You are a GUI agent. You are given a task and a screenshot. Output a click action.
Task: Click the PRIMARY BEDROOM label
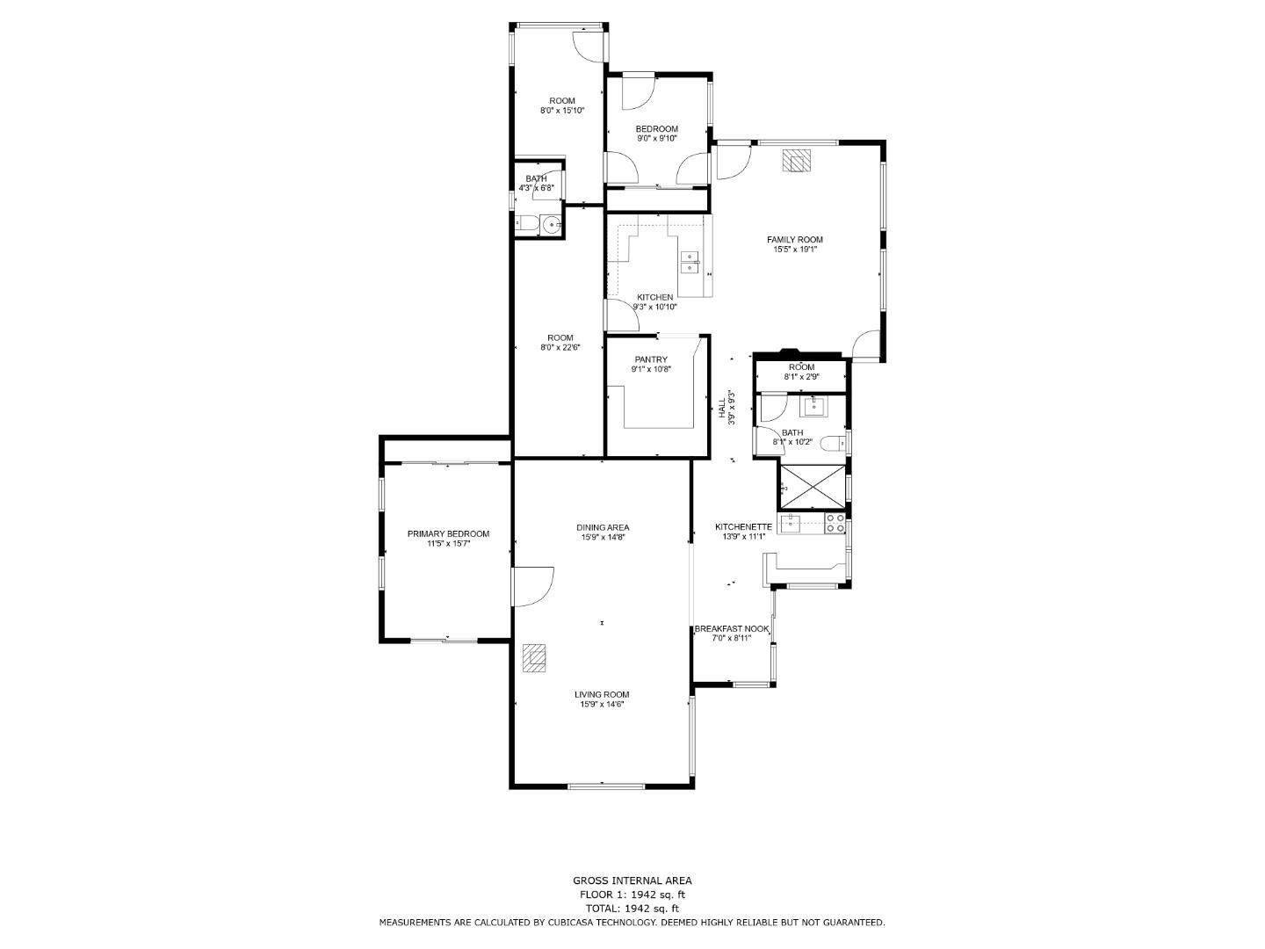click(448, 533)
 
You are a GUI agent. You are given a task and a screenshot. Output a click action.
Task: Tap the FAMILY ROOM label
click(795, 240)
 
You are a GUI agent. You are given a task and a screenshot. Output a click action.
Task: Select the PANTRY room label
click(651, 359)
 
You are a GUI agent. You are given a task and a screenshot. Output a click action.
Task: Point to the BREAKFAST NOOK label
click(732, 628)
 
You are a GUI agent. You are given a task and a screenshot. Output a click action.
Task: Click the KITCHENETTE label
click(743, 526)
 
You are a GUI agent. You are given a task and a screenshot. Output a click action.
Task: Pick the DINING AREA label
click(603, 527)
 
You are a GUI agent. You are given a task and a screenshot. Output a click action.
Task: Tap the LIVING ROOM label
click(602, 694)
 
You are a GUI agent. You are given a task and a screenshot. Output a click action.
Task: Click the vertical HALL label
click(721, 408)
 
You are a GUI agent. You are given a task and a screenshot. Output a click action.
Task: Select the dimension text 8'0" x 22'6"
click(560, 347)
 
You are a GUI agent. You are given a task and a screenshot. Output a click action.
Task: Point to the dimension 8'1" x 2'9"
click(802, 377)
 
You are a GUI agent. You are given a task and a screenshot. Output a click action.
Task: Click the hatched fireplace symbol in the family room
click(797, 161)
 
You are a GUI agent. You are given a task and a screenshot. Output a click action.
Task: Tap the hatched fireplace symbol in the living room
click(534, 658)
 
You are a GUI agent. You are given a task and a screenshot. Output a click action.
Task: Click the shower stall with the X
click(812, 488)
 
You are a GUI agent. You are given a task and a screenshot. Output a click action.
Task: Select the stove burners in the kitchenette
click(835, 524)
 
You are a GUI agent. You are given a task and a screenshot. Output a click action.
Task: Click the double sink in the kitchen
click(690, 262)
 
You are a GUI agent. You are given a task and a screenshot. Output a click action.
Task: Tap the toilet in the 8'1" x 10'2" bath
click(832, 444)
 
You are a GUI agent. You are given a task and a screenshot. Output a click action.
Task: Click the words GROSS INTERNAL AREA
click(632, 880)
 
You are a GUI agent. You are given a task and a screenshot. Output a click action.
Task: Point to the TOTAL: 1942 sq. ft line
click(632, 909)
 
